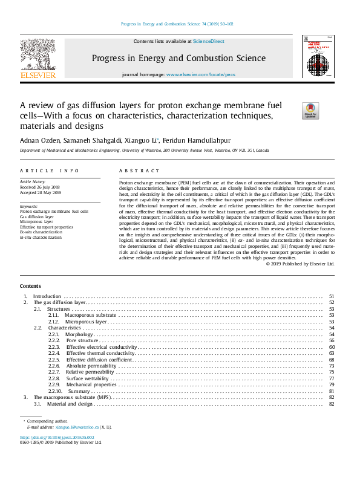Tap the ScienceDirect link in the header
point(209,41)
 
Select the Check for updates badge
point(310,111)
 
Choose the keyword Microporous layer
point(36,222)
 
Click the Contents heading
point(30,286)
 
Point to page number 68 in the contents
point(332,360)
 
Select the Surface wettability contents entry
point(88,378)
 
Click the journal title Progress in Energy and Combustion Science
point(178,58)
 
